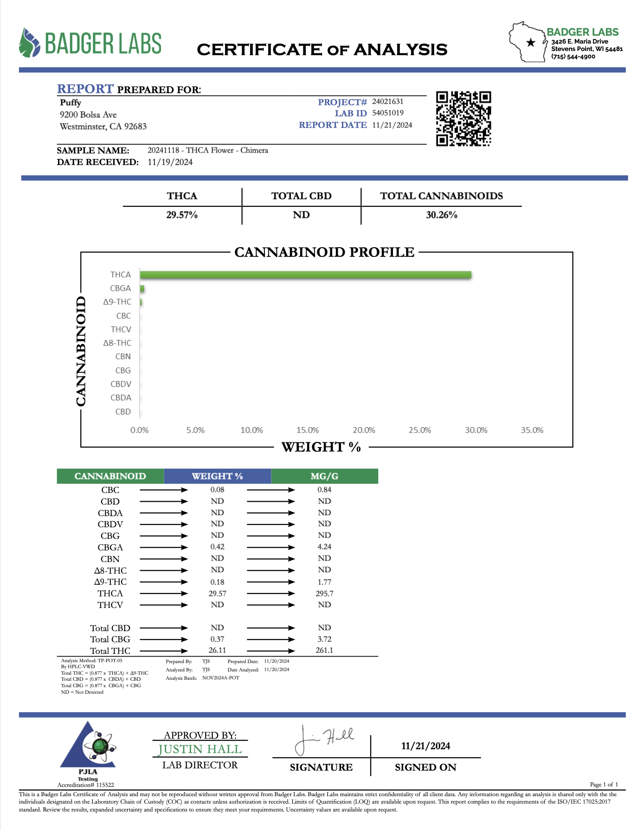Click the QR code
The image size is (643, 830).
463,119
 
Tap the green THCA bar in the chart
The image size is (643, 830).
305,275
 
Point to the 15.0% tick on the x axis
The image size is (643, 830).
308,430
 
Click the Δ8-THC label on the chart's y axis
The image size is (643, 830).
117,343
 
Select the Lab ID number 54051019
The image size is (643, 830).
388,113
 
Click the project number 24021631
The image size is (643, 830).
388,102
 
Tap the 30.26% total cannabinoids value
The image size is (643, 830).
442,215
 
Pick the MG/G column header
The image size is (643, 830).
324,476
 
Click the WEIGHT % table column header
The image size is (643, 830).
217,476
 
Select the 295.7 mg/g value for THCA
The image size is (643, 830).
325,594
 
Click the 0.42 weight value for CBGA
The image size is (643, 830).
217,547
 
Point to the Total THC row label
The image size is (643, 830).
110,651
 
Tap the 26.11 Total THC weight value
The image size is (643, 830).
217,651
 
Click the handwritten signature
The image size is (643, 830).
324,739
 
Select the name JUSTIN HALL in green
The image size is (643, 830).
200,749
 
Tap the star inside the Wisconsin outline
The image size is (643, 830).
531,43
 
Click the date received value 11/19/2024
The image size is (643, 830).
170,162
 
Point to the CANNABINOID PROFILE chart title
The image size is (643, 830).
324,252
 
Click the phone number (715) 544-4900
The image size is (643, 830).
573,57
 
